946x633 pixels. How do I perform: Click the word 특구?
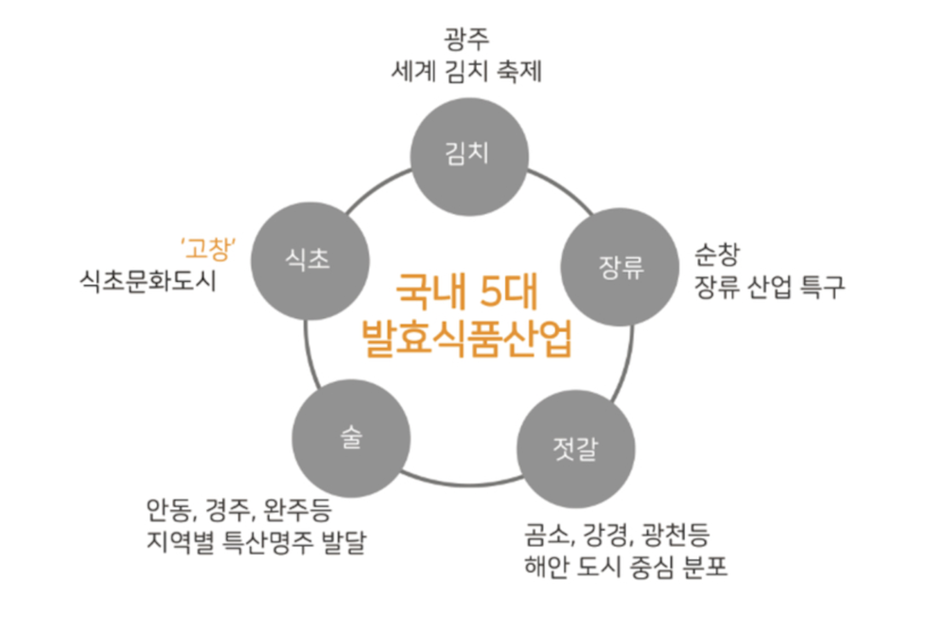(819, 287)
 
